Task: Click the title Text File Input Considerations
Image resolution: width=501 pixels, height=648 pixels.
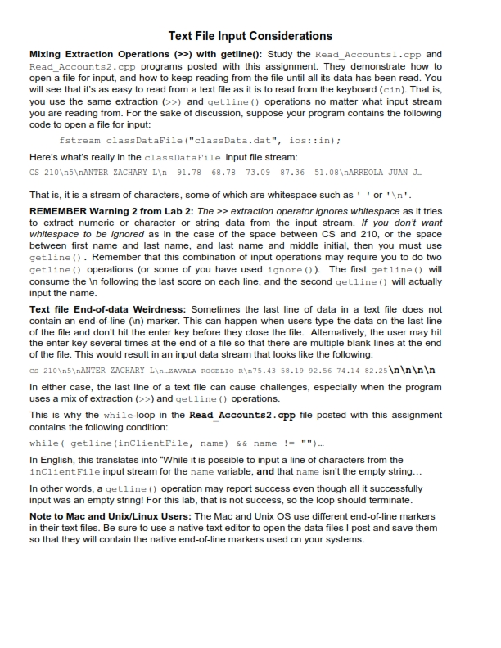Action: (x=250, y=36)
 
